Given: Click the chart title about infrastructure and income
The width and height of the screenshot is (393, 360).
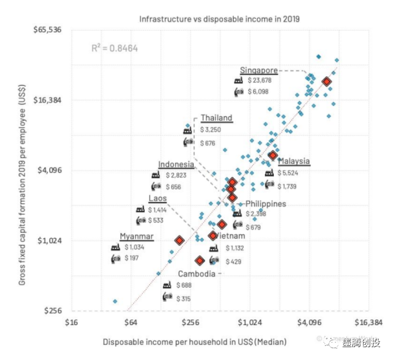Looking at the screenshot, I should click(x=219, y=19).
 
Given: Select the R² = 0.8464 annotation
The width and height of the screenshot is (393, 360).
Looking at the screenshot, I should click(x=115, y=49).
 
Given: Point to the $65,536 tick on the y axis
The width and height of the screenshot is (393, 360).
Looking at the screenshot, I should click(x=48, y=29).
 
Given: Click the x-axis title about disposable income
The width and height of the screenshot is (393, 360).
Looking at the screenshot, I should click(x=195, y=342).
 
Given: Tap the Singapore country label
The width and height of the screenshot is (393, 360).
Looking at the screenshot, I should click(x=259, y=71).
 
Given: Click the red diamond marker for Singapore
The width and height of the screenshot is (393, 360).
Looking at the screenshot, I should click(x=326, y=82).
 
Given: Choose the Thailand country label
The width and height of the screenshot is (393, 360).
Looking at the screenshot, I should click(x=216, y=118).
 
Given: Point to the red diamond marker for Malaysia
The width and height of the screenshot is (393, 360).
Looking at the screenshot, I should click(x=273, y=155).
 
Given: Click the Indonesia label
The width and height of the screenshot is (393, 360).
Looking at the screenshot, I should click(x=176, y=165).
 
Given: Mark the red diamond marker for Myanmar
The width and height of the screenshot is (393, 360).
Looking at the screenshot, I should click(x=179, y=240).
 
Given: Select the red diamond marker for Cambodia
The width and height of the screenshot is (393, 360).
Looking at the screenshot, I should click(x=199, y=261).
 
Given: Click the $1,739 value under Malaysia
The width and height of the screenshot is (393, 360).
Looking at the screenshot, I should click(x=286, y=186).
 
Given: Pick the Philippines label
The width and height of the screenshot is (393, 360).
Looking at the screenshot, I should click(x=265, y=204).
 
